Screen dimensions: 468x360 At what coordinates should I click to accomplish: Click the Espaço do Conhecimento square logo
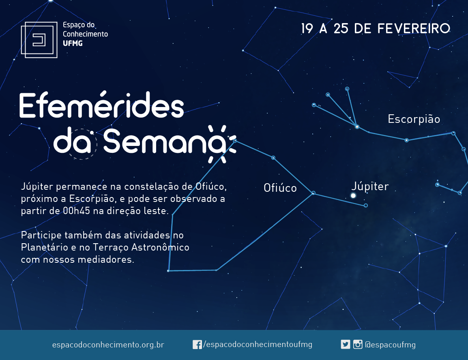click(39, 40)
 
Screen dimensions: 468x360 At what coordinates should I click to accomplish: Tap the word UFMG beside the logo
click(73, 43)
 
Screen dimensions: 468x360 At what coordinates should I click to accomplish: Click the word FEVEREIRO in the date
click(414, 29)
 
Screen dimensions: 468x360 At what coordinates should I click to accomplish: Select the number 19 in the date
click(307, 29)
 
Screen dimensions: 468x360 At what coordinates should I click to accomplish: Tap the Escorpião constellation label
click(414, 119)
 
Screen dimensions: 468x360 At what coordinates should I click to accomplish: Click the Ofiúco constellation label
click(280, 188)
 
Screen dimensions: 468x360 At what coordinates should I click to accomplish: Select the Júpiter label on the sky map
click(370, 186)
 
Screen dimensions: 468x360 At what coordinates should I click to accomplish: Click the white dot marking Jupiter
click(353, 196)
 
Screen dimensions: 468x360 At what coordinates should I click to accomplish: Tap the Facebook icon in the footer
click(197, 345)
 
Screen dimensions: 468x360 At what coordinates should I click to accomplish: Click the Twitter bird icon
click(346, 345)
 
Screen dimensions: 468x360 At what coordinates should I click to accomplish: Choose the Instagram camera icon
click(358, 345)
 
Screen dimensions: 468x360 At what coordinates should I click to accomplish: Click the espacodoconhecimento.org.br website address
click(108, 345)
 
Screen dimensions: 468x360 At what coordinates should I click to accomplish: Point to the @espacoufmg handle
click(390, 345)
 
